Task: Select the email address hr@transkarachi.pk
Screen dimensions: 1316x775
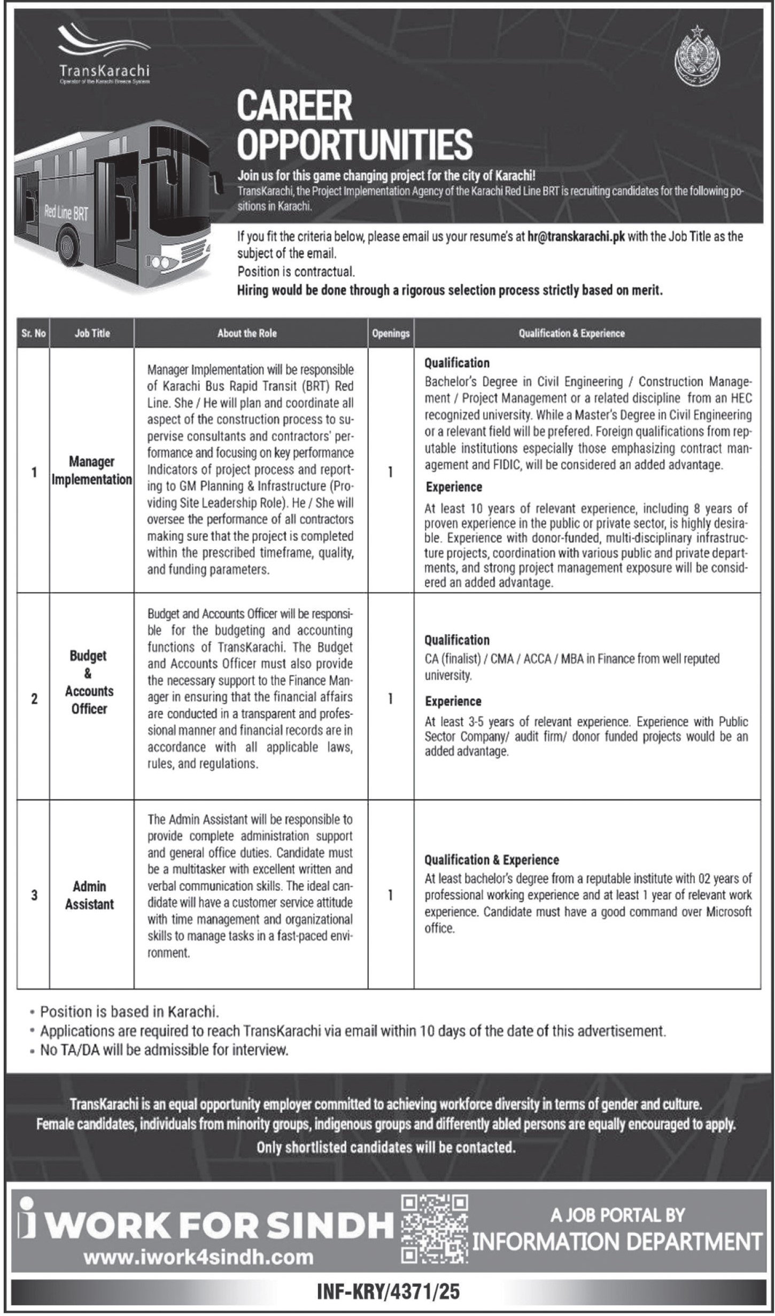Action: coord(576,236)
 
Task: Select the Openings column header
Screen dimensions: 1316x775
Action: coord(391,333)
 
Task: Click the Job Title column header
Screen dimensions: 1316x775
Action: coord(92,333)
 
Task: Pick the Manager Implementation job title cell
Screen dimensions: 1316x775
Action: coord(91,470)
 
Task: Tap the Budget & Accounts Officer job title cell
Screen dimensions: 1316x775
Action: coord(89,682)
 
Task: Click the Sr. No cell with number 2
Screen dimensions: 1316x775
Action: coord(34,698)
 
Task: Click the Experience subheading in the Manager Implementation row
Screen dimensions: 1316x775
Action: coord(454,487)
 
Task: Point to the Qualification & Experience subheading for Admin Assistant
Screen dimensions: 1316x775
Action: coord(491,860)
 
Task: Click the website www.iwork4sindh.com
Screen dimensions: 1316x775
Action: coord(198,1257)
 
